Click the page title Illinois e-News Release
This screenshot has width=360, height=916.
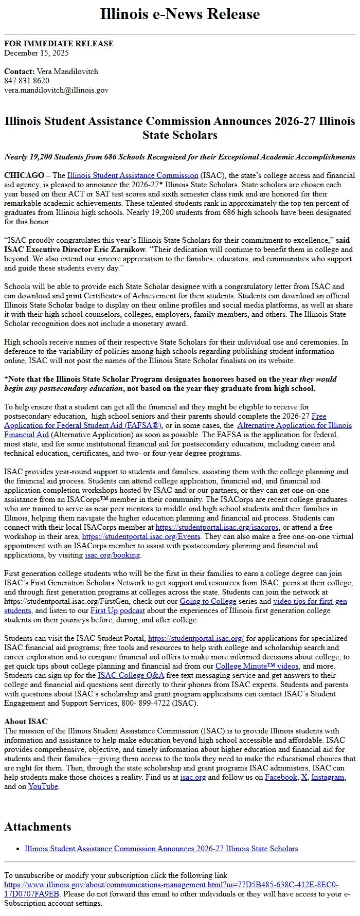[x=179, y=14]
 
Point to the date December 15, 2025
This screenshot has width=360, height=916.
[x=37, y=53]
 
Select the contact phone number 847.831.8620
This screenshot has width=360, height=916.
[x=27, y=81]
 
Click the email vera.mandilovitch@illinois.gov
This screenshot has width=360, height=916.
[x=56, y=90]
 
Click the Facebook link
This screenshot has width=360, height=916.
[x=281, y=777]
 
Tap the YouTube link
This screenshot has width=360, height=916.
[x=43, y=786]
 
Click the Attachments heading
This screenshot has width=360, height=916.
[x=38, y=827]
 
